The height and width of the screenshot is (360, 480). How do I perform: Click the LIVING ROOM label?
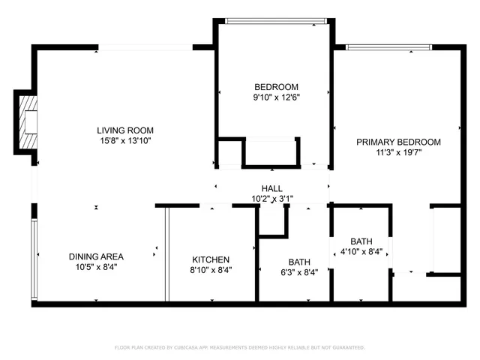124,130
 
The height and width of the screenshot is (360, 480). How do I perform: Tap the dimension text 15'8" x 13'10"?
124,140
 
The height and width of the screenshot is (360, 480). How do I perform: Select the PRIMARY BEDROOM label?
398,142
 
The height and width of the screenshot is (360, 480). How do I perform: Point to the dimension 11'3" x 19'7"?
398,152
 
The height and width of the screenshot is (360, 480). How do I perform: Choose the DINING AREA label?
96,256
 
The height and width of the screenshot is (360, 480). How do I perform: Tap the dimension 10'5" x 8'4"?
96,267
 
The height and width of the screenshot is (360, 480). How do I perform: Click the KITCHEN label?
211,259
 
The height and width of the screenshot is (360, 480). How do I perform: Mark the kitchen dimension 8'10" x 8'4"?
211,270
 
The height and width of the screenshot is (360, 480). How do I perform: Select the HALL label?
271,188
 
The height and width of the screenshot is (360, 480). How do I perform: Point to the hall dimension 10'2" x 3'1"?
271,199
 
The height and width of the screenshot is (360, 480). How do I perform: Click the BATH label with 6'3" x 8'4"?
299,262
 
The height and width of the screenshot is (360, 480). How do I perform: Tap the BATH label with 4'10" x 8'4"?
361,241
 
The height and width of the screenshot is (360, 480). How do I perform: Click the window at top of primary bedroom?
388,47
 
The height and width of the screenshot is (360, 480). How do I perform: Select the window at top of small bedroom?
274,20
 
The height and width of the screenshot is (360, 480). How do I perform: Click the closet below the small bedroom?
271,152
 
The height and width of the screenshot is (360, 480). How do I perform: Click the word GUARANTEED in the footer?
346,347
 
